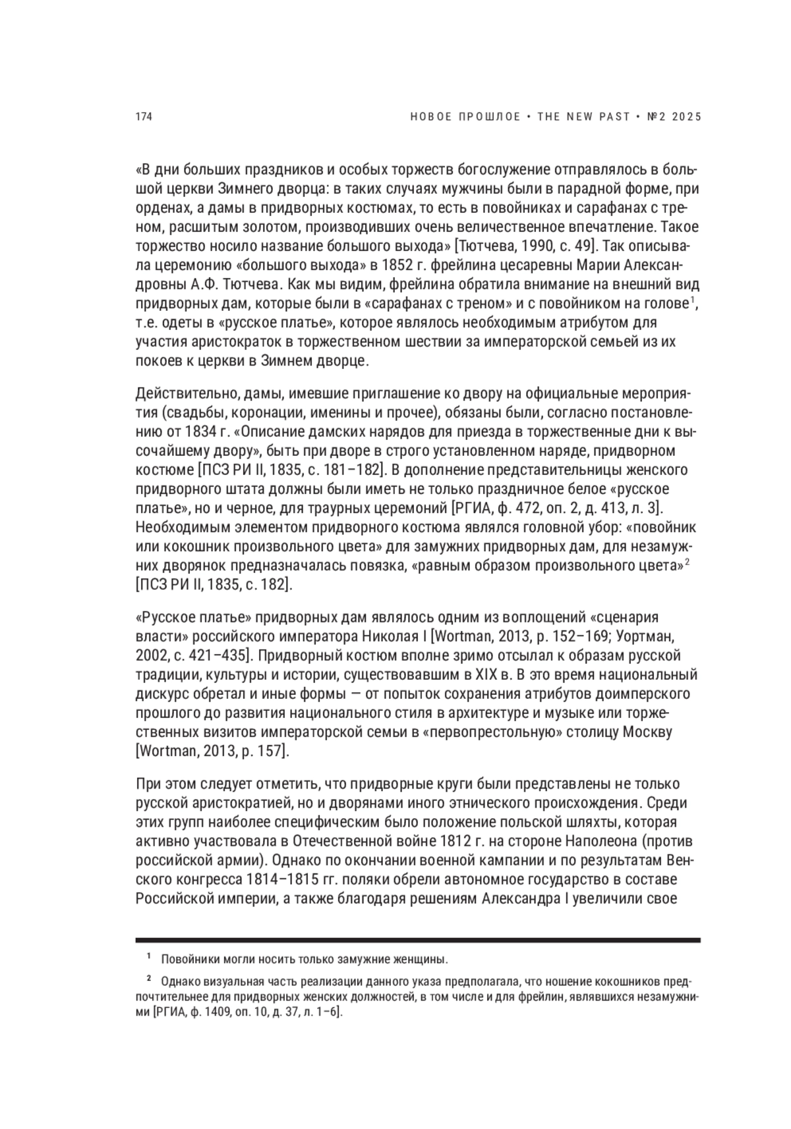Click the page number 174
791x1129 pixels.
(x=144, y=117)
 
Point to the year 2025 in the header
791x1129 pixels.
(x=686, y=117)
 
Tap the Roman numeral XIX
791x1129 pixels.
(x=481, y=675)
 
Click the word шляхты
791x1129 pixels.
(x=592, y=822)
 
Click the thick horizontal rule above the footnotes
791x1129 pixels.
(x=417, y=940)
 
